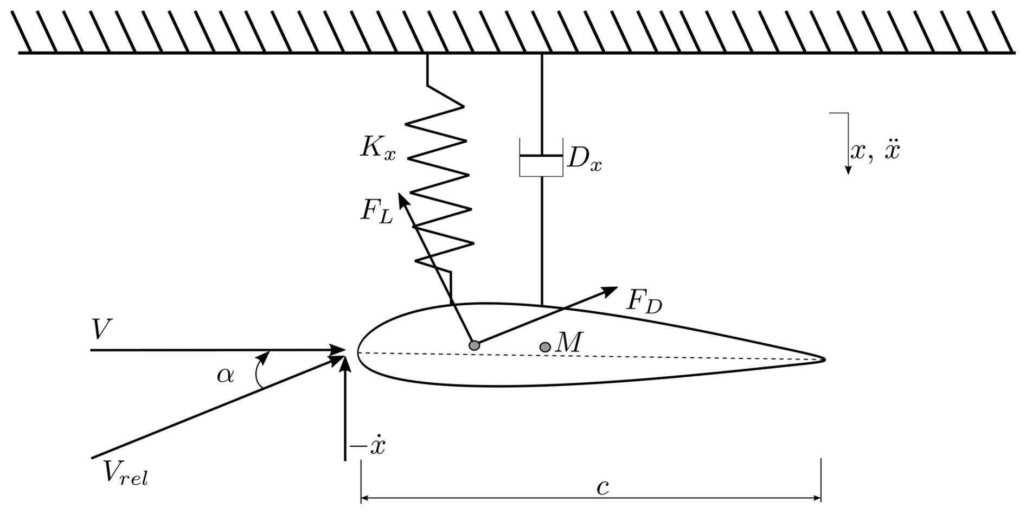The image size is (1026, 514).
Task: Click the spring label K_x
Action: (x=378, y=148)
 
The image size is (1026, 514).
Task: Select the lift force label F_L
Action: (x=376, y=211)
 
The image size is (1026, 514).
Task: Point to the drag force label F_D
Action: (x=644, y=301)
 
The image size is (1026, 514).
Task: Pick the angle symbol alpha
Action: (x=226, y=375)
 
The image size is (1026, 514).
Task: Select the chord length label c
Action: (x=602, y=487)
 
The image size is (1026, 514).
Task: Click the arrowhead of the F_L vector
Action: (x=402, y=198)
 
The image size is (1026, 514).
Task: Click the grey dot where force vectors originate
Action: (x=474, y=345)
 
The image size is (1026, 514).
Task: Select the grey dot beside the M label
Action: (x=545, y=347)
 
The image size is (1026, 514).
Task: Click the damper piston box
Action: (x=541, y=158)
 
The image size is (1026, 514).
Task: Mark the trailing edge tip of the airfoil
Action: (x=823, y=358)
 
